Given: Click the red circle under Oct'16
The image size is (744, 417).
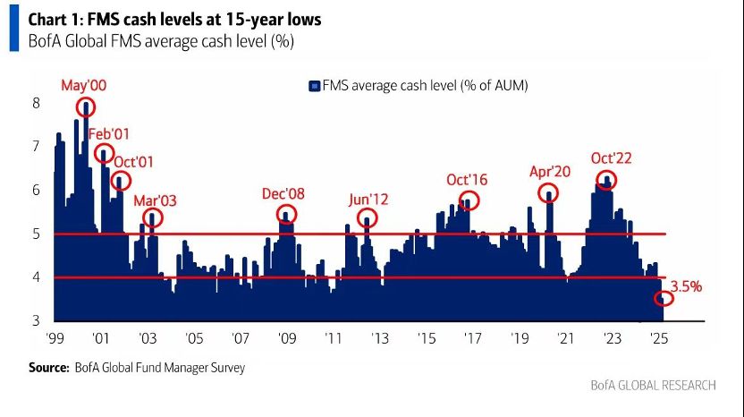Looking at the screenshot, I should (469, 200).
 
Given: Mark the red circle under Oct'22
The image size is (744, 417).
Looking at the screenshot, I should (606, 181).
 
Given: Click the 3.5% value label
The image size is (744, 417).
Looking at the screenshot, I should (686, 287).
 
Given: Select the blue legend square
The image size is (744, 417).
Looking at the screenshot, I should (314, 86).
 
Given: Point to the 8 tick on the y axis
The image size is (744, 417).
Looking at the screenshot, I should (37, 104).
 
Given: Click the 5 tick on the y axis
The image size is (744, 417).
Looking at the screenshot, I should (37, 234).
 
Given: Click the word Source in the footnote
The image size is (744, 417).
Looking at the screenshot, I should (48, 367).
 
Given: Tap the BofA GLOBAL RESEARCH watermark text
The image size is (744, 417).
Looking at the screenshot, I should (653, 385).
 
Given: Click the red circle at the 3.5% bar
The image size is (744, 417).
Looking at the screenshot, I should (664, 297).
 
